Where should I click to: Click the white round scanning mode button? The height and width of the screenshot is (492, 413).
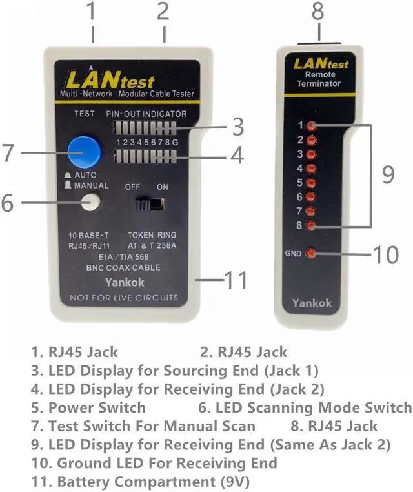click(91, 202)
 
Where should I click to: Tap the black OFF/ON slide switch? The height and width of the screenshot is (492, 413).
click(150, 204)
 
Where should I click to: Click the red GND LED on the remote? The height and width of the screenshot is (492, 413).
click(312, 253)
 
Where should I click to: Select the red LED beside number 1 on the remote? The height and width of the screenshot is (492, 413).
click(312, 125)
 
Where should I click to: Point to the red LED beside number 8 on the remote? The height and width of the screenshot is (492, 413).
click(312, 225)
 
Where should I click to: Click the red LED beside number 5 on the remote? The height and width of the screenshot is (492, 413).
click(312, 183)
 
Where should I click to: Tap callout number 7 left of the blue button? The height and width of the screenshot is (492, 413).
click(8, 153)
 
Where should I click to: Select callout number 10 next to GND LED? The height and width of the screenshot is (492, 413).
click(386, 254)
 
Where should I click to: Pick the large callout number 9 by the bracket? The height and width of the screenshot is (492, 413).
click(388, 174)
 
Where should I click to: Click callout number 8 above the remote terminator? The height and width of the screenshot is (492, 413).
click(317, 12)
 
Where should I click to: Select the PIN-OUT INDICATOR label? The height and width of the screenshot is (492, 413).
click(146, 114)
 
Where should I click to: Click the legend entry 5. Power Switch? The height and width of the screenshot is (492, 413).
click(88, 407)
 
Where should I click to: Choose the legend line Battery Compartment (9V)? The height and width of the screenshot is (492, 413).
click(141, 481)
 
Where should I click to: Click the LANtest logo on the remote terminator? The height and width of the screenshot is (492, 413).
click(321, 64)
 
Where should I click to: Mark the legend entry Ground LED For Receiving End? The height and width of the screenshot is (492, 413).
click(155, 463)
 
